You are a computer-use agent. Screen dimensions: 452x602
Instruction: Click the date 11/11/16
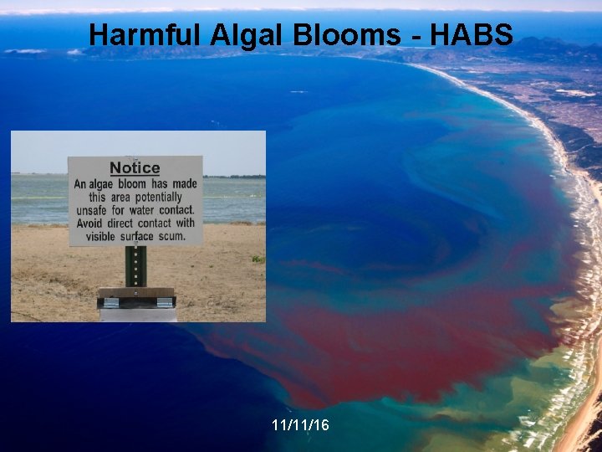point(300,425)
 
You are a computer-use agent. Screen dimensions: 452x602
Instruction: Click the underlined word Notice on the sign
point(135,168)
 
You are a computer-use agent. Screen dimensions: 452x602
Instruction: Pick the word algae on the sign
point(106,184)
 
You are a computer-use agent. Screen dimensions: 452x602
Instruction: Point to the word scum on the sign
point(173,236)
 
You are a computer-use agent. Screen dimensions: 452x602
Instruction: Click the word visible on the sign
point(99,236)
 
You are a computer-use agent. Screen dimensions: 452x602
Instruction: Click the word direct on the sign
point(125,223)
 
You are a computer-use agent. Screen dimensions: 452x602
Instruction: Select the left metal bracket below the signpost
point(110,302)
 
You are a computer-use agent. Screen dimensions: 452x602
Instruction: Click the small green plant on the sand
point(258,259)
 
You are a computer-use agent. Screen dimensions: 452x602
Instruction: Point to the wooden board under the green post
point(135,293)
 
